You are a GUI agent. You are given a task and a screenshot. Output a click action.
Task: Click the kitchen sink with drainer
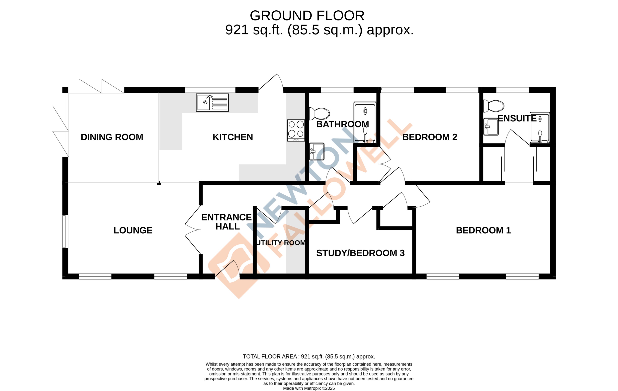point(212,103)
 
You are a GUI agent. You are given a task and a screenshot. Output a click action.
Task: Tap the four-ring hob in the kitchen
point(296,130)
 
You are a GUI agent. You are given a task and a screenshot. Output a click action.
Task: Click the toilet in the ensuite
point(494,106)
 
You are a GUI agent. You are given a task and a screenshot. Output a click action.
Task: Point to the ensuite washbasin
point(491,127)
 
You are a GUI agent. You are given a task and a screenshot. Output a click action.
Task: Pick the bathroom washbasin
point(317,151)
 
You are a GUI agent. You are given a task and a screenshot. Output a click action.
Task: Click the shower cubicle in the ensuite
point(540,127)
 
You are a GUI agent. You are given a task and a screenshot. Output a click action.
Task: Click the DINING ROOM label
point(112,137)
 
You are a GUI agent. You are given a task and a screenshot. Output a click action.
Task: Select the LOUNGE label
point(133,230)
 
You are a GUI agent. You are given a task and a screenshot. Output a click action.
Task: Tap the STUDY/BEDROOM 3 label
point(360,253)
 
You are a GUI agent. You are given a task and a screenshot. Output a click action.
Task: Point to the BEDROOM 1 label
point(483,230)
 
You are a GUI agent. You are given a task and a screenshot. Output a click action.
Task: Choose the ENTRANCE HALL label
point(226,222)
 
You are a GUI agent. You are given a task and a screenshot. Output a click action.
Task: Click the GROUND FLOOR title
point(307,16)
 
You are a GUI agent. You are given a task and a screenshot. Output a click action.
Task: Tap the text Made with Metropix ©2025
point(309,388)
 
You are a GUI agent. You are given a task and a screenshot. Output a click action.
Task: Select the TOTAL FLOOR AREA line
point(309,356)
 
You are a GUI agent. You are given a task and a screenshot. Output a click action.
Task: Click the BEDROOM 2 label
point(430,137)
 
